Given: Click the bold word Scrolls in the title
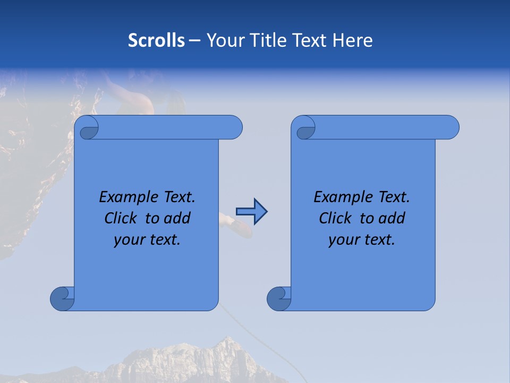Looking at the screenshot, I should [156, 40].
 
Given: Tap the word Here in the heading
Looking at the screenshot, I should [352, 40].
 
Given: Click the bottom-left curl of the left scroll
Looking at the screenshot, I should [62, 298].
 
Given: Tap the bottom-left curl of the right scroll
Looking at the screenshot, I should [278, 298].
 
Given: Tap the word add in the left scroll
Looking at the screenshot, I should [177, 218].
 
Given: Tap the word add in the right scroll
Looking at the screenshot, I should [392, 218].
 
